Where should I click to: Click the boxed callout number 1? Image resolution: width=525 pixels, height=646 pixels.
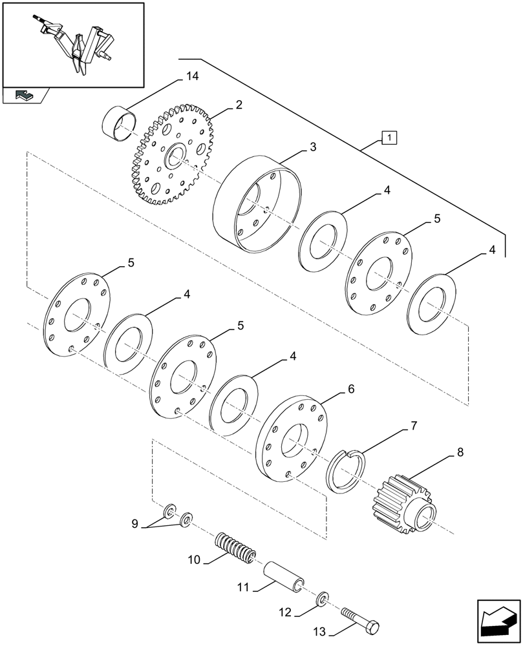(x=390, y=138)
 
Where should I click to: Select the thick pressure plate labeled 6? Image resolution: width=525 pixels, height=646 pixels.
(x=291, y=440)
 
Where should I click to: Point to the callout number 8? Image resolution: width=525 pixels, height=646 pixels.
(x=460, y=453)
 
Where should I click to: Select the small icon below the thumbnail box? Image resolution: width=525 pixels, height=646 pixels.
(x=25, y=96)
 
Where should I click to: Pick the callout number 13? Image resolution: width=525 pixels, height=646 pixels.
(x=320, y=632)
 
